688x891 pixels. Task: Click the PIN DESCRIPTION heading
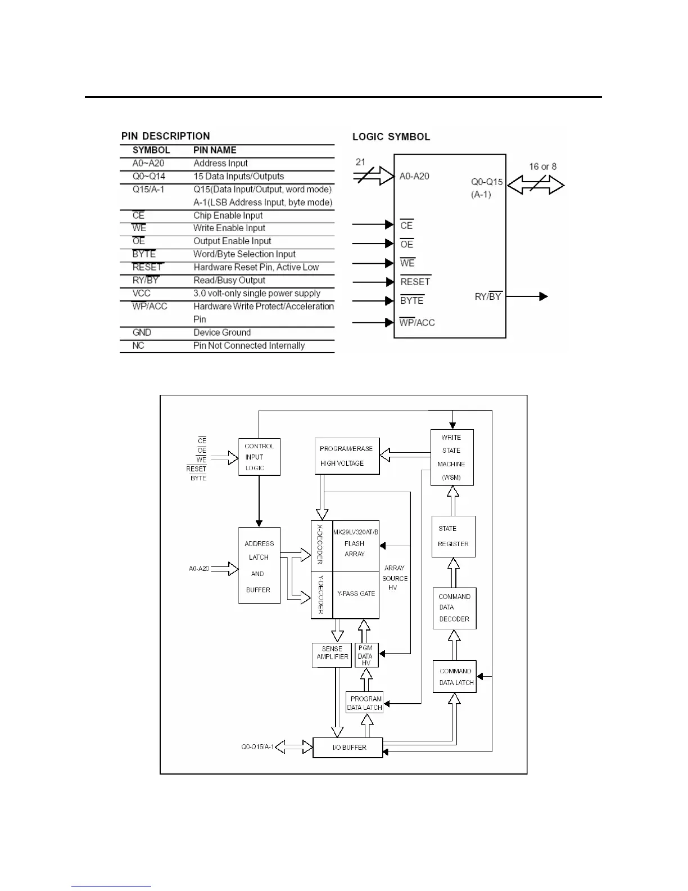tap(165, 136)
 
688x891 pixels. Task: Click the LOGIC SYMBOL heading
tap(391, 137)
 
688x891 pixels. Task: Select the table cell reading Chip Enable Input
tap(228, 215)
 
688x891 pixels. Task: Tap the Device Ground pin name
tap(222, 332)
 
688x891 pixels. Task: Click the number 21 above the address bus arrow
tap(360, 162)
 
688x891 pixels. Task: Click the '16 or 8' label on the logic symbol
tap(542, 166)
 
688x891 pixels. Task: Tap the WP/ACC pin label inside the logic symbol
tap(417, 322)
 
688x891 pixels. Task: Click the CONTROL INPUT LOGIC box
tap(259, 457)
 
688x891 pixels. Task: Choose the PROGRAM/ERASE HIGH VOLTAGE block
tap(347, 456)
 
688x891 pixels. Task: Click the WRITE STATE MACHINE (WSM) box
tap(451, 457)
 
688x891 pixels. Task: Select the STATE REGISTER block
tap(453, 537)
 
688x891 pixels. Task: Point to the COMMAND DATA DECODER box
tap(454, 608)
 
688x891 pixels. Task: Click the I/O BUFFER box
tap(347, 748)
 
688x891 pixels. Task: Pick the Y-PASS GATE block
tap(356, 593)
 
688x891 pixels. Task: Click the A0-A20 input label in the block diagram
tap(199, 569)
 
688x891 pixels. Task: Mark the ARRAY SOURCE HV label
tap(394, 578)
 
